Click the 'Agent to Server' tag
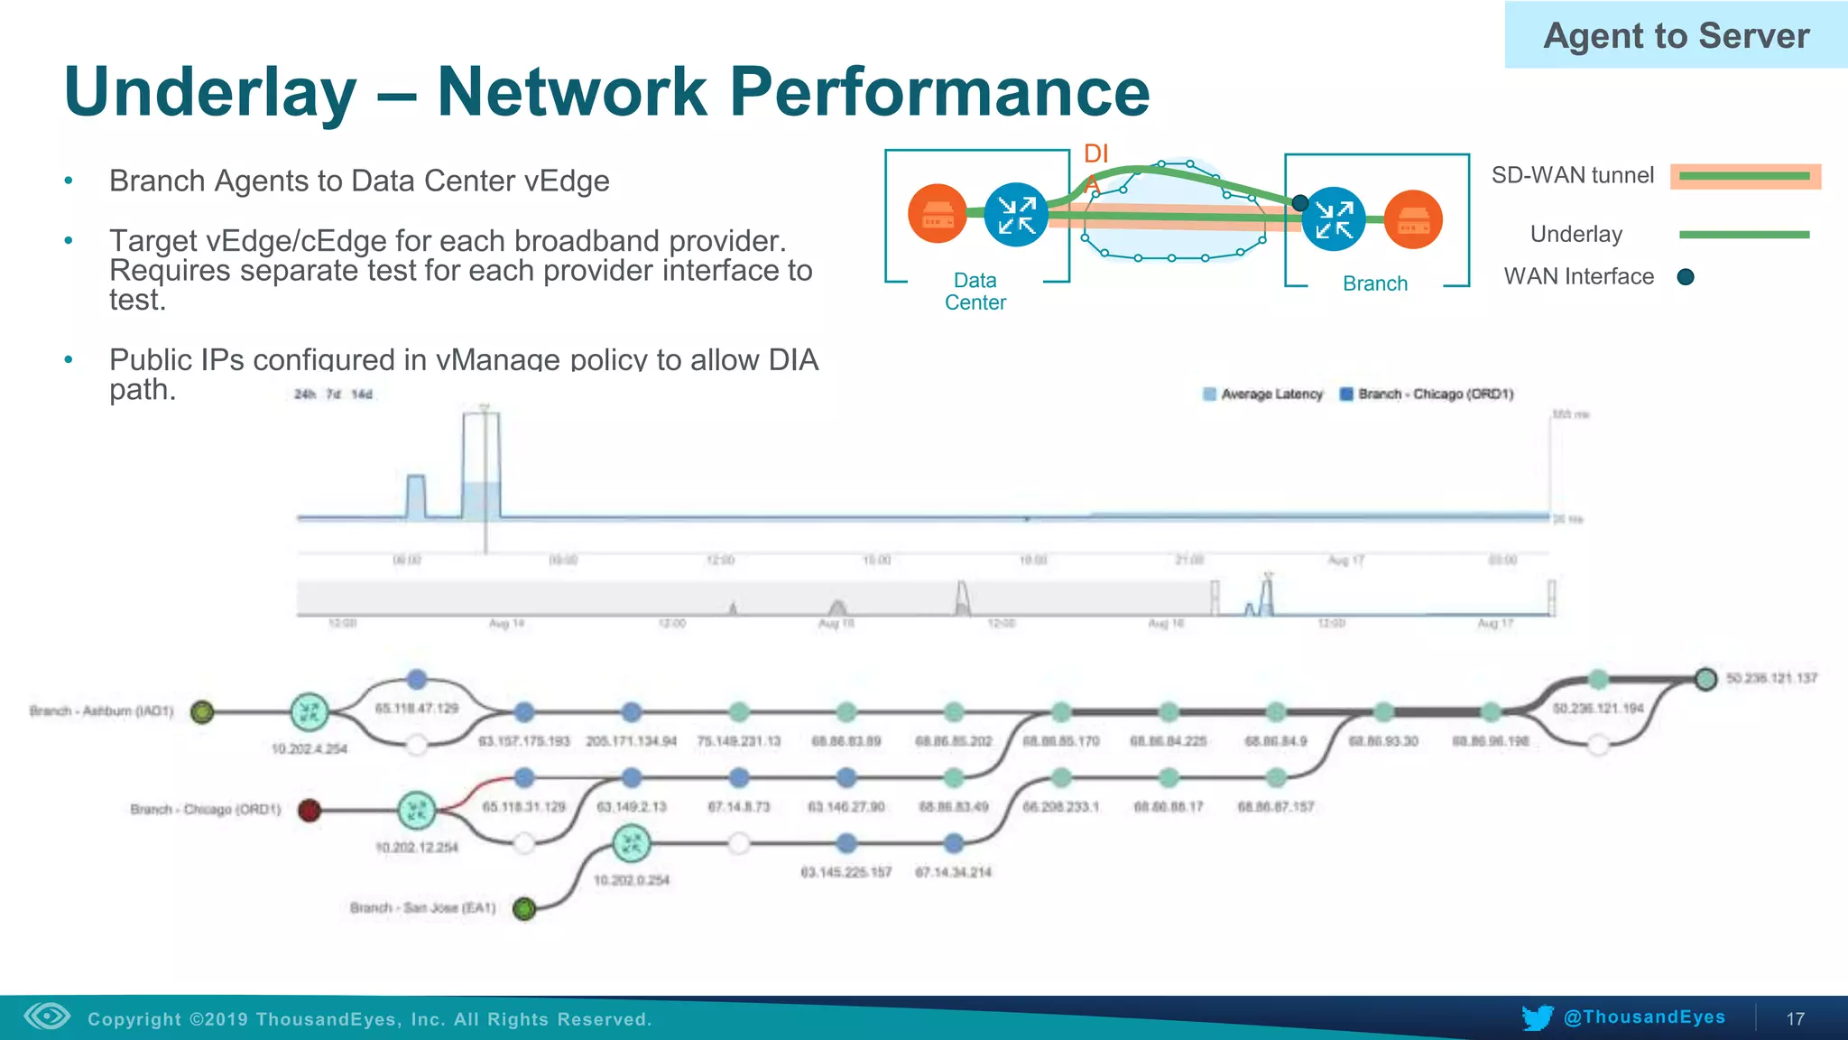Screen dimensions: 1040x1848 (x=1676, y=36)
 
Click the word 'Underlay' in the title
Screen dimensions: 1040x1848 (x=210, y=92)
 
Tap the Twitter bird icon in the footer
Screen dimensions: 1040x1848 (x=1537, y=1017)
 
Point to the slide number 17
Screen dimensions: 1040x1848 (x=1795, y=1019)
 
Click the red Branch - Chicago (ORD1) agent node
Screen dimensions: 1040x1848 (x=310, y=810)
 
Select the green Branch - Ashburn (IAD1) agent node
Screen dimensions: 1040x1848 (x=202, y=712)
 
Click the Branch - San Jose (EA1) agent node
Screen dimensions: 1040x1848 (x=523, y=908)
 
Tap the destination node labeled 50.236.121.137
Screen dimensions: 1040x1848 (x=1705, y=679)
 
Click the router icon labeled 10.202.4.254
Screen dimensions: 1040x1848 (x=310, y=712)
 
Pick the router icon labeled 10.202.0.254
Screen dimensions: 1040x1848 (x=631, y=845)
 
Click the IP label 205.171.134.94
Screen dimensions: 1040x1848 (x=631, y=741)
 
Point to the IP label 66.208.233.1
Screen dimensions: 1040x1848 (x=1060, y=807)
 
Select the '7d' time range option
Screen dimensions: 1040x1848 (x=333, y=395)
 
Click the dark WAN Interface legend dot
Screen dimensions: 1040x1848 (x=1685, y=277)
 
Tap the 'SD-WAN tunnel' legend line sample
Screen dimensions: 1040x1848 (x=1744, y=176)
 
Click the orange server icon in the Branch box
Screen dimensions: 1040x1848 (x=1413, y=219)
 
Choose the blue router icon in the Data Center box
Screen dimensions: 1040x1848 (x=1016, y=215)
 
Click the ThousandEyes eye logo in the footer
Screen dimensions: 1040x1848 (x=47, y=1017)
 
